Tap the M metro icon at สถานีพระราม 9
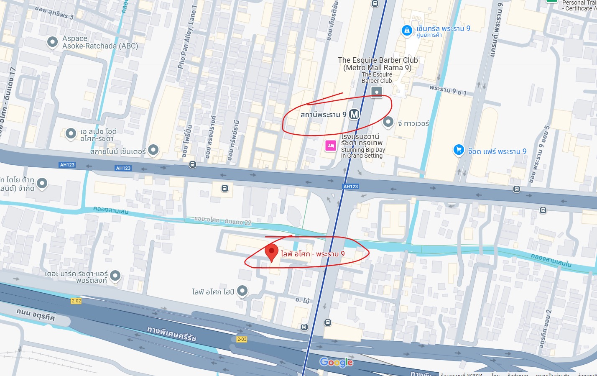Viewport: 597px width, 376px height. coord(354,114)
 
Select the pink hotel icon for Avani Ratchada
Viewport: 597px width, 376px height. coord(331,146)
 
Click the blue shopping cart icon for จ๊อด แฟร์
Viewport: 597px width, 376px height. coord(459,150)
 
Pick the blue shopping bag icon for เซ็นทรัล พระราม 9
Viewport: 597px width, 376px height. coord(407,31)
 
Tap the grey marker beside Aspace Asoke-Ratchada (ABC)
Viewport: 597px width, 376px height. coord(52,42)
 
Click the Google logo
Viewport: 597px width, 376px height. coord(336,362)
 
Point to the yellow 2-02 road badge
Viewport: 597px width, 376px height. coord(76,301)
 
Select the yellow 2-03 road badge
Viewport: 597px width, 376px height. coord(242,339)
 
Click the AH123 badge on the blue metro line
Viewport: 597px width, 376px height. coord(350,187)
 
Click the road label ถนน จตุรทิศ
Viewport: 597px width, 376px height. coord(36,314)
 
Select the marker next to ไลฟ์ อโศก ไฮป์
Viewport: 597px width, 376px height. coord(242,291)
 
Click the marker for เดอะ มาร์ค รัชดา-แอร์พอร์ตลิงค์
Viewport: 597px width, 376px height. coord(115,276)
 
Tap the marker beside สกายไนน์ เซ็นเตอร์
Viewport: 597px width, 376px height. coord(153,150)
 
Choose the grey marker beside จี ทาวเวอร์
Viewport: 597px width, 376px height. coord(388,122)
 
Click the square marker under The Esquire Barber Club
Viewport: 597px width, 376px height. coord(377,92)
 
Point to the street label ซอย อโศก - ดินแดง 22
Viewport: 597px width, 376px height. coord(223,221)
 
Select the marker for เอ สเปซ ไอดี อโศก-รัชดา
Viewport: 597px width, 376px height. coord(71,134)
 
